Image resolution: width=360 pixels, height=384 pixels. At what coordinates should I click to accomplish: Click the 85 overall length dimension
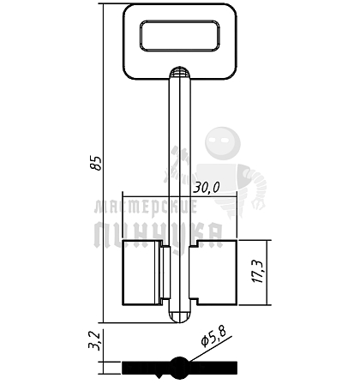[x=96, y=163]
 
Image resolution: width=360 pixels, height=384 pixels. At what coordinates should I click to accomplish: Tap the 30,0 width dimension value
[x=207, y=189]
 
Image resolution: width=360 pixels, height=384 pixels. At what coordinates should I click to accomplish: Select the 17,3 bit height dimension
[x=258, y=272]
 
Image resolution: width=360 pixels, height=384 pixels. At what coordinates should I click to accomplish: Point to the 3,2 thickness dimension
[x=94, y=340]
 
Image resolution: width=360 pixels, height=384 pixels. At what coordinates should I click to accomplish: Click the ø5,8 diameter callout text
[x=213, y=336]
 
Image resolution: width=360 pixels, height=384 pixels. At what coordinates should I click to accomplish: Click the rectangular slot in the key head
[x=180, y=36]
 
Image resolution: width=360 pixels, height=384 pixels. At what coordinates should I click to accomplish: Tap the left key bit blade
[x=141, y=273]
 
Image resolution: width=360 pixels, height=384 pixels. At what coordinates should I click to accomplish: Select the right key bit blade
[x=216, y=273]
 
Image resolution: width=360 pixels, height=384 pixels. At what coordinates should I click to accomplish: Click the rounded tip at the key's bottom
[x=179, y=317]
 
